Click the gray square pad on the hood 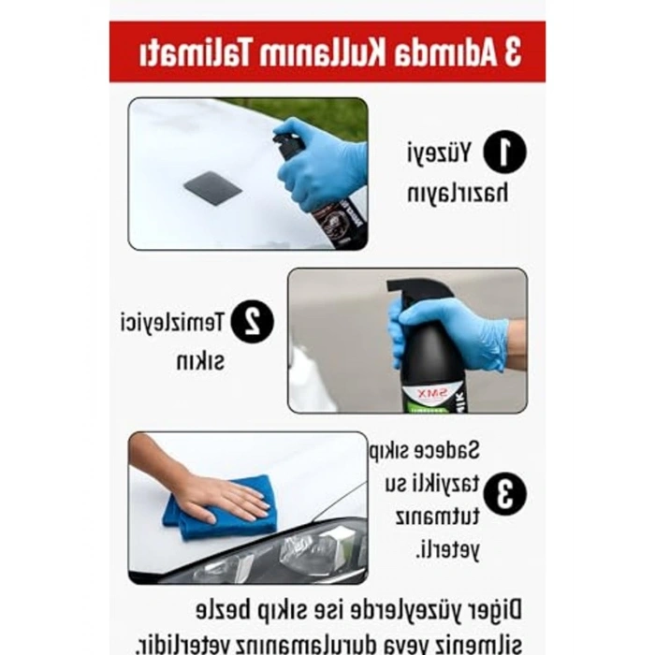212,188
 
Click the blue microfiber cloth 221,511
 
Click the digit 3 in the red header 511,52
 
